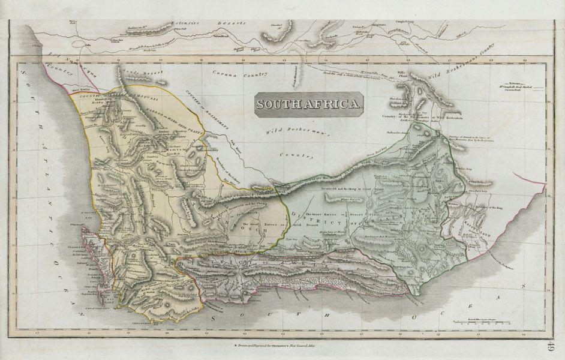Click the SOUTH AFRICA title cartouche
pyautogui.click(x=309, y=103)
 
